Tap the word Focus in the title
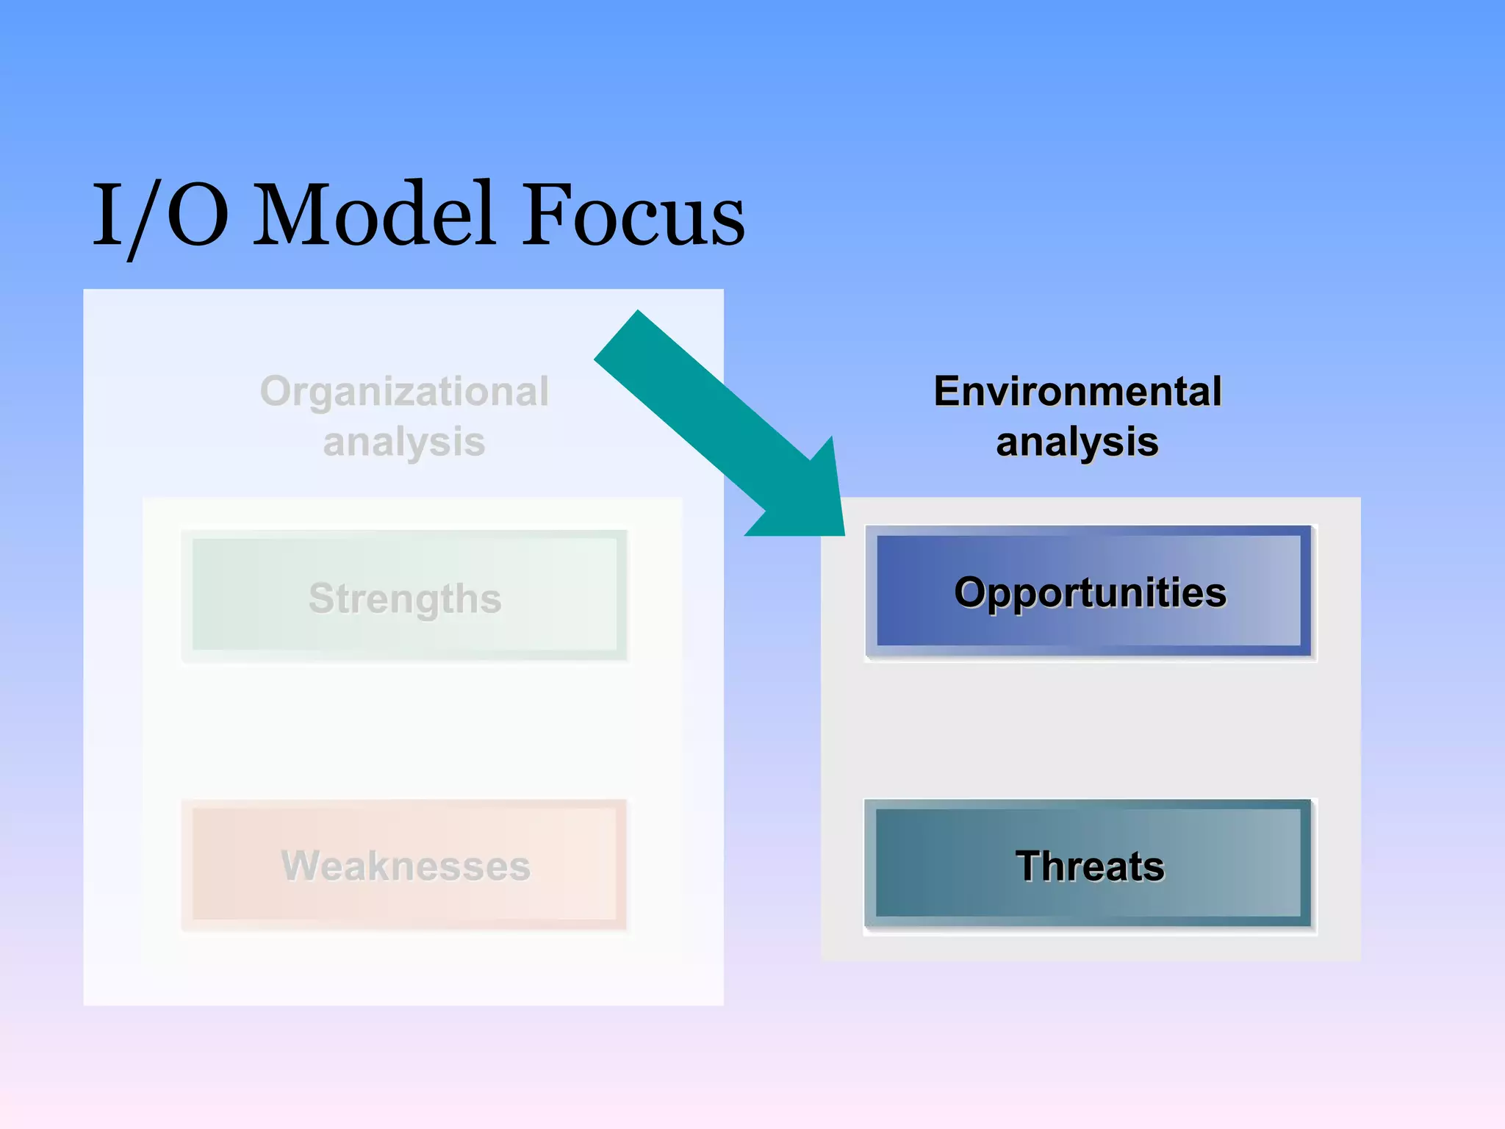point(633,215)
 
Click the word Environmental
point(1077,391)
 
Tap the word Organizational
point(404,391)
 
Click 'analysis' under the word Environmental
point(1077,442)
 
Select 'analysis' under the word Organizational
point(404,442)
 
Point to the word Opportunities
point(1090,592)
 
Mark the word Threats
point(1090,866)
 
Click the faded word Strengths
point(405,598)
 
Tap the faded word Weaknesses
point(406,866)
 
